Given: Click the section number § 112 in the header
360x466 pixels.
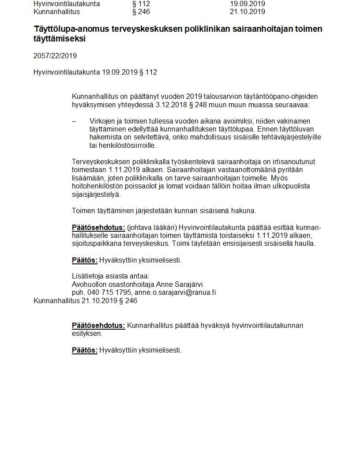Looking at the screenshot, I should pyautogui.click(x=141, y=4).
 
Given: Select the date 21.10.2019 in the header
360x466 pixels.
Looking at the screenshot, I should pyautogui.click(x=247, y=12).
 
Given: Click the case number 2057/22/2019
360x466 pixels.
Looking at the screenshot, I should pyautogui.click(x=55, y=56).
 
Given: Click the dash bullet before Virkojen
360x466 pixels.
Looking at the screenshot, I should pyautogui.click(x=74, y=121).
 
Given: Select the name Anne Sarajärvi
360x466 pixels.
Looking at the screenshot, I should pyautogui.click(x=180, y=284).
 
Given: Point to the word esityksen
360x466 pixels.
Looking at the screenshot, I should pyautogui.click(x=87, y=334).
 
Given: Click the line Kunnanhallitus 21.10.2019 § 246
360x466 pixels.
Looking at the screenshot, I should pyautogui.click(x=85, y=301).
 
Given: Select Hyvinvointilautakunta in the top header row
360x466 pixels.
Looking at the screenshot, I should pyautogui.click(x=67, y=4).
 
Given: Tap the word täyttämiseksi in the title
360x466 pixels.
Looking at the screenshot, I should pyautogui.click(x=60, y=39).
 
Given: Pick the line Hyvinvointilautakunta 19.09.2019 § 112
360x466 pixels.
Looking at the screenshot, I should pyautogui.click(x=95, y=72).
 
